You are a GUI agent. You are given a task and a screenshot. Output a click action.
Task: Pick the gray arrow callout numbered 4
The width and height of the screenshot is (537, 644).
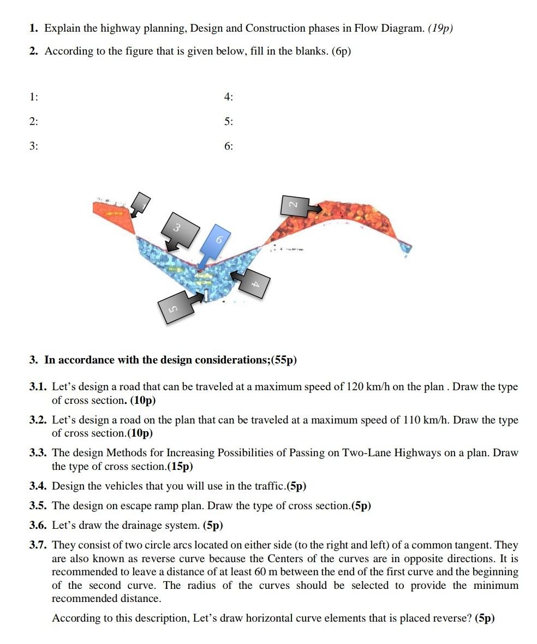[x=251, y=281]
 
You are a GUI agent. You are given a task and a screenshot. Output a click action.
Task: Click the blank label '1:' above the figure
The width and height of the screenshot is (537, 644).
[x=34, y=97]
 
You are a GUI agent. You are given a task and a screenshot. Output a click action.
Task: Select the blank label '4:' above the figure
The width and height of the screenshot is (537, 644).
[x=228, y=97]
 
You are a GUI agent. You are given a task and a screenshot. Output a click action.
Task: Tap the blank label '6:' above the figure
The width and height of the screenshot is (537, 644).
[x=228, y=146]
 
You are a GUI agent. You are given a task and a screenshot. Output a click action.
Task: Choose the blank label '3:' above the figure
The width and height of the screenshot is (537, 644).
[x=34, y=146]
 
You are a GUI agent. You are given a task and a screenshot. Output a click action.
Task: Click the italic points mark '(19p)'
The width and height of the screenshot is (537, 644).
[x=440, y=28]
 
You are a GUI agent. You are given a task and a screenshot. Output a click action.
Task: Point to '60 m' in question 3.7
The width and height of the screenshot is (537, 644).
[x=266, y=572]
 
